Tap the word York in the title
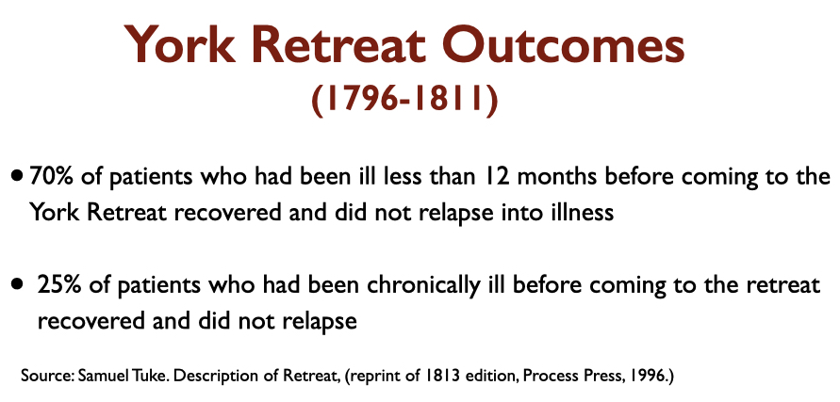pyautogui.click(x=179, y=44)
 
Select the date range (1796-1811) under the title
pyautogui.click(x=404, y=100)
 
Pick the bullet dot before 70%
pyautogui.click(x=18, y=175)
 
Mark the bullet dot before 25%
pyautogui.click(x=18, y=283)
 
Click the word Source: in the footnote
pyautogui.click(x=47, y=376)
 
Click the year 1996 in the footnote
pyautogui.click(x=651, y=377)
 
